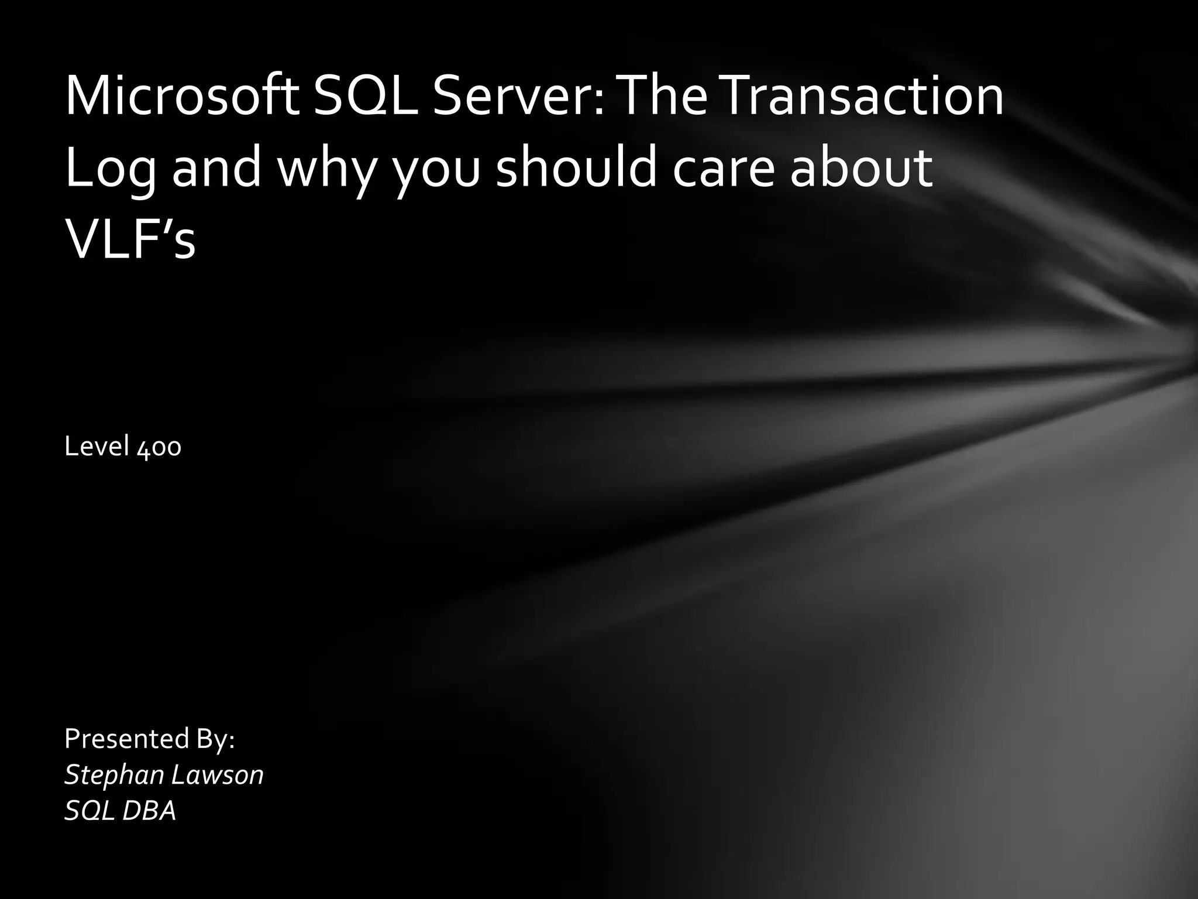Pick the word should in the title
point(576,167)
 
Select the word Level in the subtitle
point(97,447)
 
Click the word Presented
point(126,739)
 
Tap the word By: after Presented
point(215,740)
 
